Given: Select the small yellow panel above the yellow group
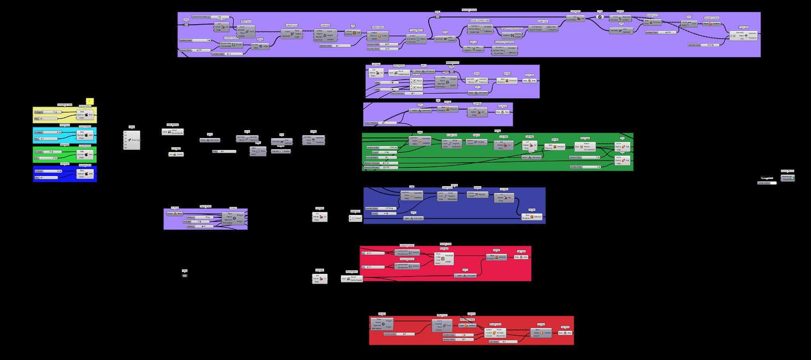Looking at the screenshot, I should tap(90, 101).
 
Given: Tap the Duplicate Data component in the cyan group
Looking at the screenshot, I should tap(86, 135).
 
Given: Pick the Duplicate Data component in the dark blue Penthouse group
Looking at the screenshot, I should tap(86, 173).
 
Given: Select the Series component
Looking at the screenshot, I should tap(258, 151).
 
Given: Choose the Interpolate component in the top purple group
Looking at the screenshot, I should tap(325, 35).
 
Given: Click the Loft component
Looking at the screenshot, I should tap(352, 33).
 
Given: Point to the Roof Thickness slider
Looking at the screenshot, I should tap(380, 123).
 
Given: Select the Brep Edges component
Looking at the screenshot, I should tap(585, 146).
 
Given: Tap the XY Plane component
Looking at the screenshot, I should tap(175, 214).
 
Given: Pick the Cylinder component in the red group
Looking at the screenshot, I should tap(541, 333).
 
